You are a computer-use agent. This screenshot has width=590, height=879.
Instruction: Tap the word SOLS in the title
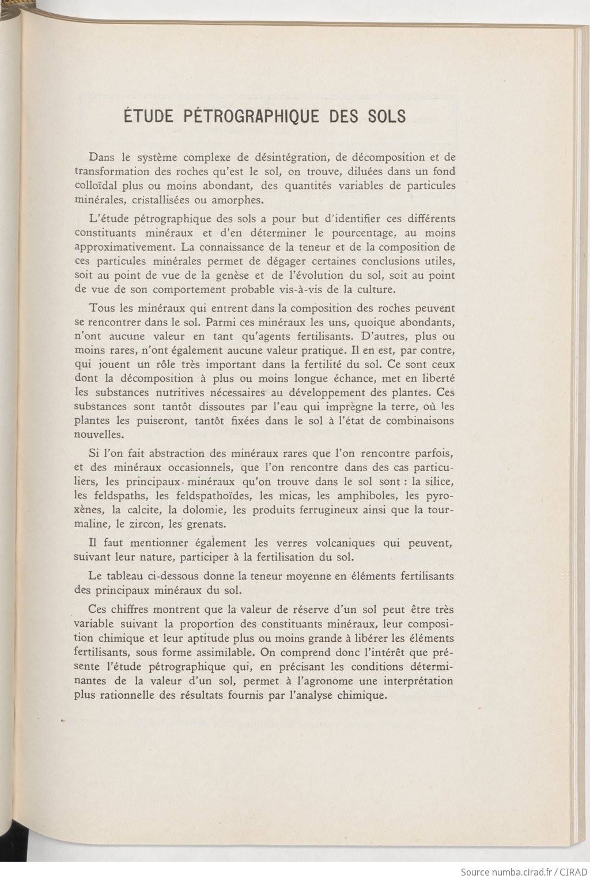pos(383,116)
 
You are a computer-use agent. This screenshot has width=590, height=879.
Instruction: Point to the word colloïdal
pos(96,185)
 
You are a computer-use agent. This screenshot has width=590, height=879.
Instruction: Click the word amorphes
pos(236,200)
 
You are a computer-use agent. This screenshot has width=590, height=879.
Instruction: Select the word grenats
pos(208,524)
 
